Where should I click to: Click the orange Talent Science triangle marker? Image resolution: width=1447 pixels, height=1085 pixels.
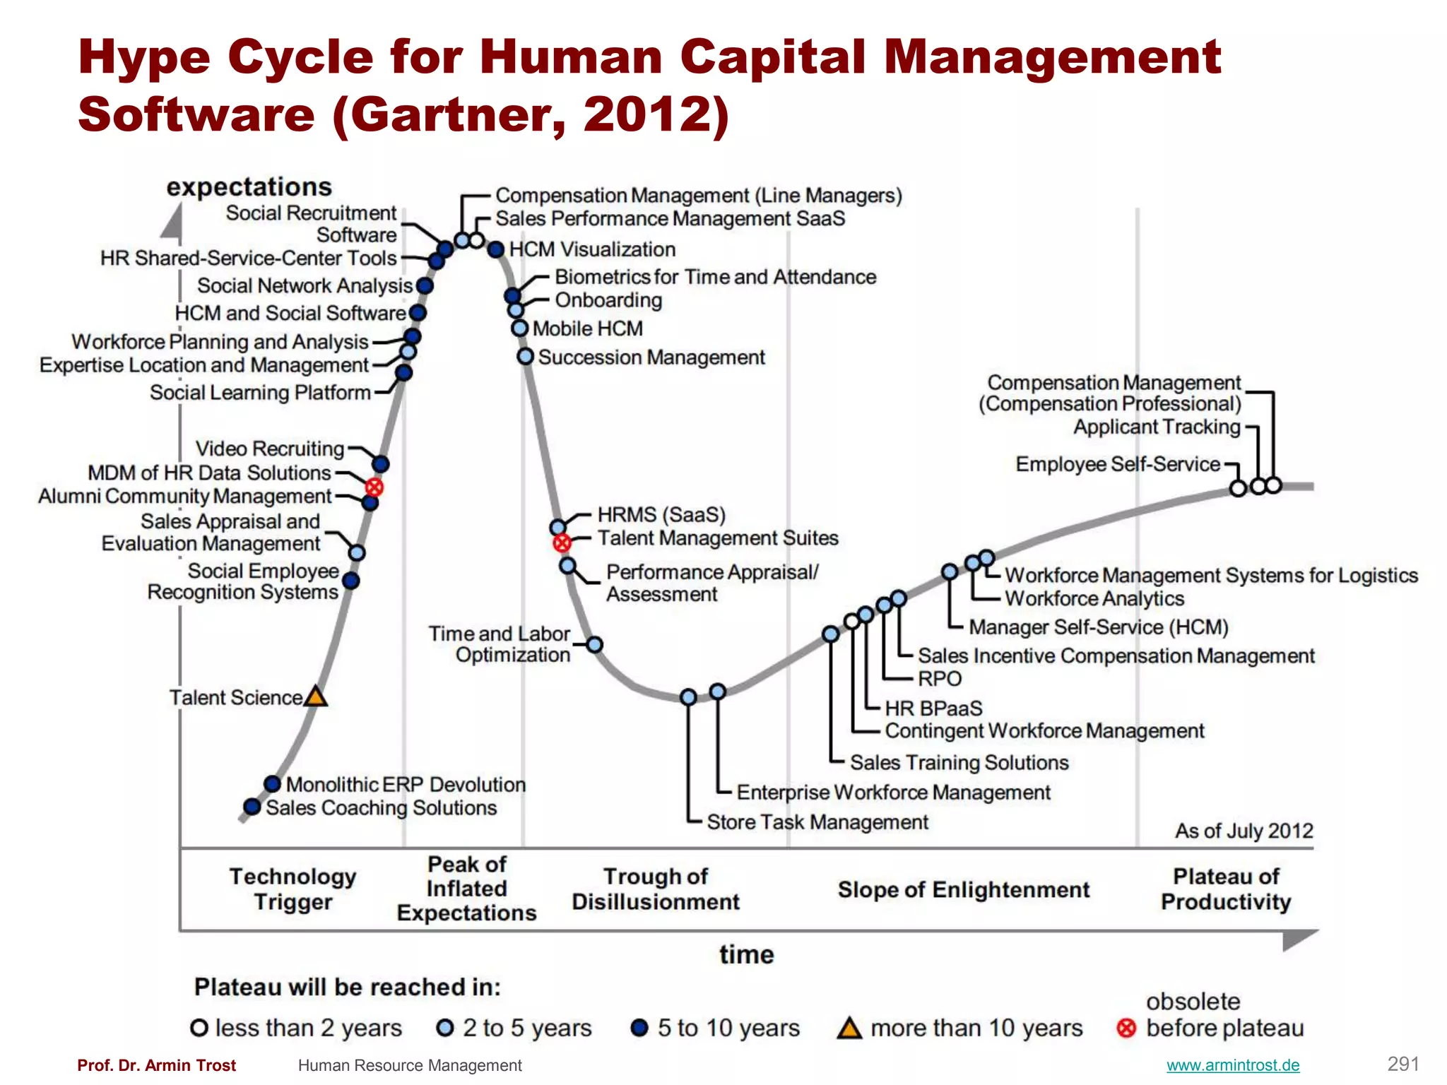click(x=315, y=697)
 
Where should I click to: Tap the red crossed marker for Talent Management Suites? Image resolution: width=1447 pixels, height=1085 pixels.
click(x=562, y=543)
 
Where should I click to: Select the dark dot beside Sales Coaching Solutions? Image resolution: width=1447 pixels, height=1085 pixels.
click(x=252, y=807)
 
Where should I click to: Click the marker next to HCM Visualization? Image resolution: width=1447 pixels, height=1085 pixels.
click(x=496, y=249)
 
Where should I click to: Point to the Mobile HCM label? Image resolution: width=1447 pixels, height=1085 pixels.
click(x=587, y=328)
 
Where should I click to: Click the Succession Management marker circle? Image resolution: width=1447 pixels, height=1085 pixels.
click(x=525, y=357)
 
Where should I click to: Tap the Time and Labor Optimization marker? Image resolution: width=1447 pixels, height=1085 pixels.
click(x=595, y=645)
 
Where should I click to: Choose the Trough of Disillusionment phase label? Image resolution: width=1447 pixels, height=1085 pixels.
click(x=655, y=889)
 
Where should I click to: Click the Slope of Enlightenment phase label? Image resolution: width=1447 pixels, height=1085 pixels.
click(x=964, y=890)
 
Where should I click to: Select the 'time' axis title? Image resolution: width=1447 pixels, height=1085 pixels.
click(x=746, y=954)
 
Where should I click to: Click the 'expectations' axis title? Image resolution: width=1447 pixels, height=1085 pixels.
click(x=249, y=187)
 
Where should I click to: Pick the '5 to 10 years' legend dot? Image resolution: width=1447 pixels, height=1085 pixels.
click(x=639, y=1028)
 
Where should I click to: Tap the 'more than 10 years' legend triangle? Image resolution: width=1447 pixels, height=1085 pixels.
click(x=849, y=1028)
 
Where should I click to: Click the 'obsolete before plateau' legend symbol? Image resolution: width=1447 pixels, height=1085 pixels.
click(x=1126, y=1028)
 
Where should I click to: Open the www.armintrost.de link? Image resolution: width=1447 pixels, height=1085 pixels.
click(x=1232, y=1065)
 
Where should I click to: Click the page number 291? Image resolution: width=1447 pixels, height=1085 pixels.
click(x=1402, y=1064)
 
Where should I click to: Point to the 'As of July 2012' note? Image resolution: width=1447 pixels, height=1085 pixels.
click(x=1244, y=831)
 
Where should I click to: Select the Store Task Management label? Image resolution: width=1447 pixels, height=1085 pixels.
click(x=817, y=822)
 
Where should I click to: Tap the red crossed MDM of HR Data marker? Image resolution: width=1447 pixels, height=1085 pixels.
click(x=374, y=487)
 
